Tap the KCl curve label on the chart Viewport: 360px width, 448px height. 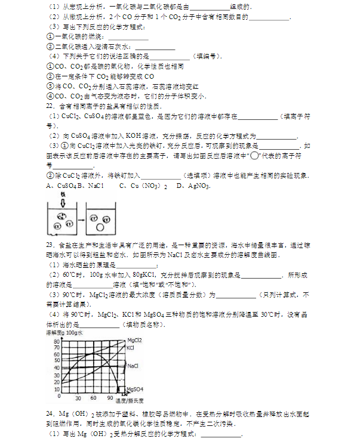coord(130,347)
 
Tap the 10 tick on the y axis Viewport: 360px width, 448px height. coord(57,388)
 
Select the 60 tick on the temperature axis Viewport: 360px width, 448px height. coord(94,398)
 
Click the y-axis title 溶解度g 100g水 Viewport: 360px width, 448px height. coord(65,332)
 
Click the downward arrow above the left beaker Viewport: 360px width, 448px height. coord(61,199)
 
